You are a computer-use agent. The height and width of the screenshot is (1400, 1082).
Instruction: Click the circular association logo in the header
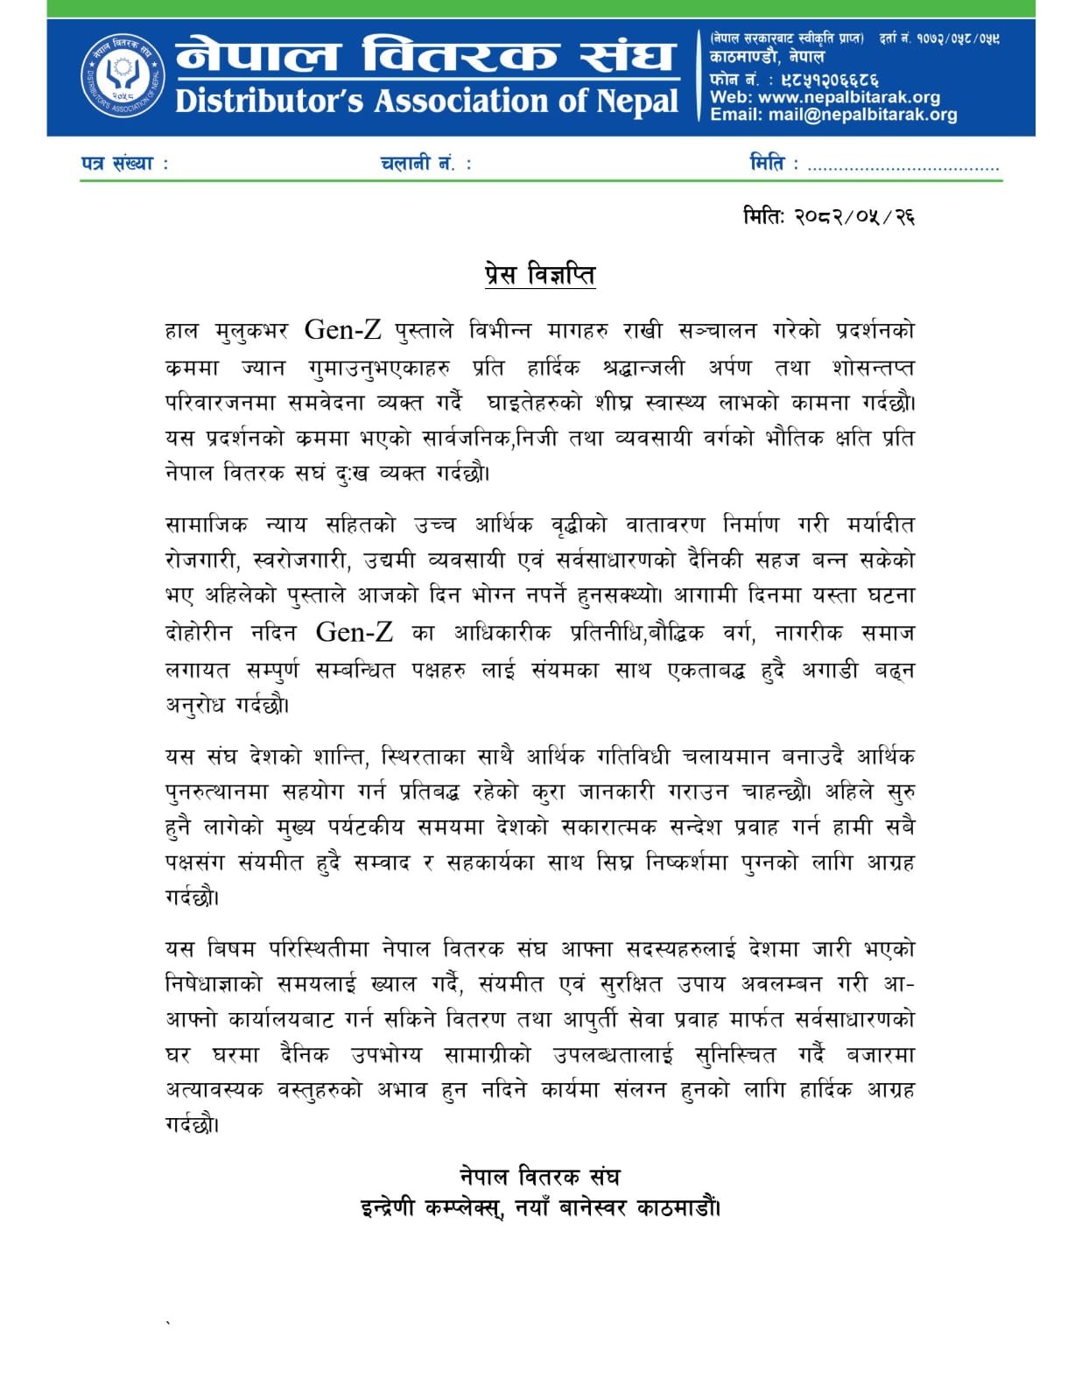pyautogui.click(x=123, y=78)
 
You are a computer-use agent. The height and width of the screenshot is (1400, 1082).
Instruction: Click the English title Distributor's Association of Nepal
pyautogui.click(x=426, y=102)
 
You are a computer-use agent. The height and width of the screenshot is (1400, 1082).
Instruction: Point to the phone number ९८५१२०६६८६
pyautogui.click(x=829, y=79)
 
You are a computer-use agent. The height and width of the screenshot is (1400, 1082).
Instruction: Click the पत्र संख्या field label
pyautogui.click(x=123, y=164)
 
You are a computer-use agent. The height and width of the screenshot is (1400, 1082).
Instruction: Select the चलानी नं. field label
pyautogui.click(x=425, y=164)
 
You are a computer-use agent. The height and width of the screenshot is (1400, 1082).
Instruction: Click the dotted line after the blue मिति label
pyautogui.click(x=903, y=166)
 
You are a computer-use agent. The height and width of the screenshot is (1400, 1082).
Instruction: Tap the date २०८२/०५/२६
pyautogui.click(x=854, y=216)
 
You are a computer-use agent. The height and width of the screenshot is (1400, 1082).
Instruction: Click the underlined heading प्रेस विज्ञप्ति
pyautogui.click(x=540, y=275)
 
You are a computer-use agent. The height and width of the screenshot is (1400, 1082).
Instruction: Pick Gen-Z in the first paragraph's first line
pyautogui.click(x=342, y=330)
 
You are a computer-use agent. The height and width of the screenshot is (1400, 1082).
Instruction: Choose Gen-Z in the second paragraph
pyautogui.click(x=354, y=632)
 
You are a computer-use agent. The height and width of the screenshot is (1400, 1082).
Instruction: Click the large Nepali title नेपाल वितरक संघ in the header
pyautogui.click(x=425, y=55)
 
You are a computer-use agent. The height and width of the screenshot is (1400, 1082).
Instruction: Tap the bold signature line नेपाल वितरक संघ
pyautogui.click(x=540, y=1177)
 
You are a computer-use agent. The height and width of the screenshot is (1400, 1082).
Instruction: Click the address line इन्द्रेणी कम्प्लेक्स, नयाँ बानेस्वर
pyautogui.click(x=540, y=1208)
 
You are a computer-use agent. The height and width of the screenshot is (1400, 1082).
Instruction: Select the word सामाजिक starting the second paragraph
pyautogui.click(x=206, y=524)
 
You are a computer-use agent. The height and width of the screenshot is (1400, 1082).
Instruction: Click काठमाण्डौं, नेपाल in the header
pyautogui.click(x=767, y=57)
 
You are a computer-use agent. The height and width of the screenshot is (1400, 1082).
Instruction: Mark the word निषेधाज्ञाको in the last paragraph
pyautogui.click(x=214, y=984)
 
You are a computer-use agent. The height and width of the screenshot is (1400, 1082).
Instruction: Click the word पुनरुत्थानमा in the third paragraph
pyautogui.click(x=215, y=791)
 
